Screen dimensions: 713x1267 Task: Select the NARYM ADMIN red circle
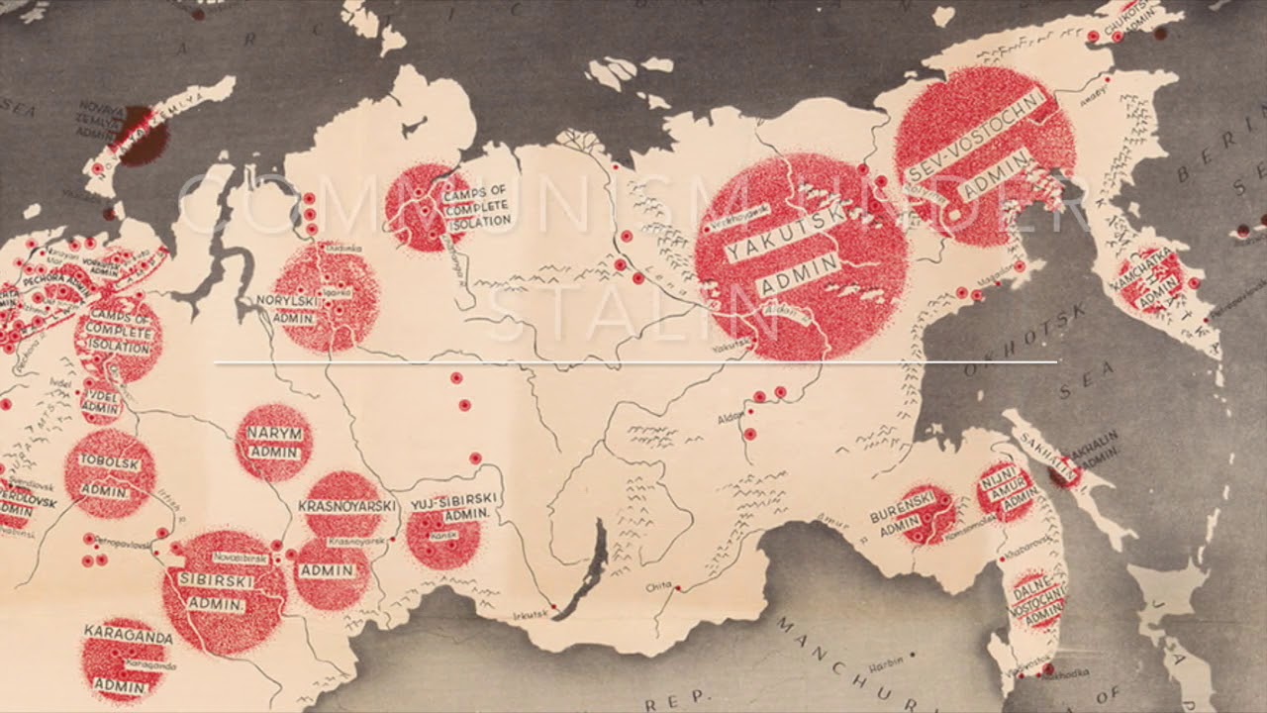pyautogui.click(x=274, y=442)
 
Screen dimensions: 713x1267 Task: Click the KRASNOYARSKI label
pyautogui.click(x=346, y=506)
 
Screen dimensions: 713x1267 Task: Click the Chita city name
pyautogui.click(x=658, y=587)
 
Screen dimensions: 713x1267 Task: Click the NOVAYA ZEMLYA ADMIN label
pyautogui.click(x=101, y=119)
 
